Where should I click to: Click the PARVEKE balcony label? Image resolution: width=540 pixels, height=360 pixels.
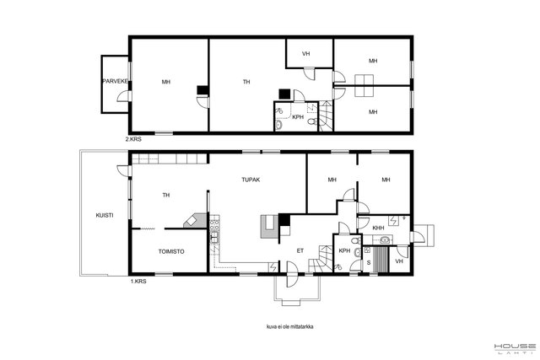116,82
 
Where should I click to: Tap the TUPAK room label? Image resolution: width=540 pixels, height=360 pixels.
251,180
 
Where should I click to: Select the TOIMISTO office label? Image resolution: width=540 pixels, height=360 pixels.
171,251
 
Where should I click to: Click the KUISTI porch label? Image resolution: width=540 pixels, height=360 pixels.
105,216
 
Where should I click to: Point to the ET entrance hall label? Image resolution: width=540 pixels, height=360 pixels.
300,251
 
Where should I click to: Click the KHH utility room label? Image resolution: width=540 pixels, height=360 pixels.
378,228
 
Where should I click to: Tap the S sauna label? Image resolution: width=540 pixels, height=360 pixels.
369,263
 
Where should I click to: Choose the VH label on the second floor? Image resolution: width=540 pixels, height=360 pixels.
305,54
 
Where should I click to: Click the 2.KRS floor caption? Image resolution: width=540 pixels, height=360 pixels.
133,139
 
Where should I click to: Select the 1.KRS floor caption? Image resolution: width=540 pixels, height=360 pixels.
138,282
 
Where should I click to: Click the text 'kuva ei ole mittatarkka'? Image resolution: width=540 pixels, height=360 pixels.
289,326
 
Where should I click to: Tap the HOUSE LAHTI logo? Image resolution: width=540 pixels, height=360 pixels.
515,348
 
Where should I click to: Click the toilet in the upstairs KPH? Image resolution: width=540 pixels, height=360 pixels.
313,121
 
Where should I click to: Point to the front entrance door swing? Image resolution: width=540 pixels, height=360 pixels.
292,274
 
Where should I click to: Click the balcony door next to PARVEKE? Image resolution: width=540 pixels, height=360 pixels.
124,96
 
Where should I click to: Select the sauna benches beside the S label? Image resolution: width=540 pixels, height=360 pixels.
380,260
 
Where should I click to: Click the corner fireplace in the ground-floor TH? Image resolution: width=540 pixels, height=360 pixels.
195,220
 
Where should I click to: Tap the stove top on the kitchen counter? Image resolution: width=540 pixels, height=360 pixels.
214,225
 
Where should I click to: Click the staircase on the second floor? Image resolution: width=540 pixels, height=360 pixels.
326,116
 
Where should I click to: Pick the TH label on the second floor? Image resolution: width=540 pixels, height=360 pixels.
246,82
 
